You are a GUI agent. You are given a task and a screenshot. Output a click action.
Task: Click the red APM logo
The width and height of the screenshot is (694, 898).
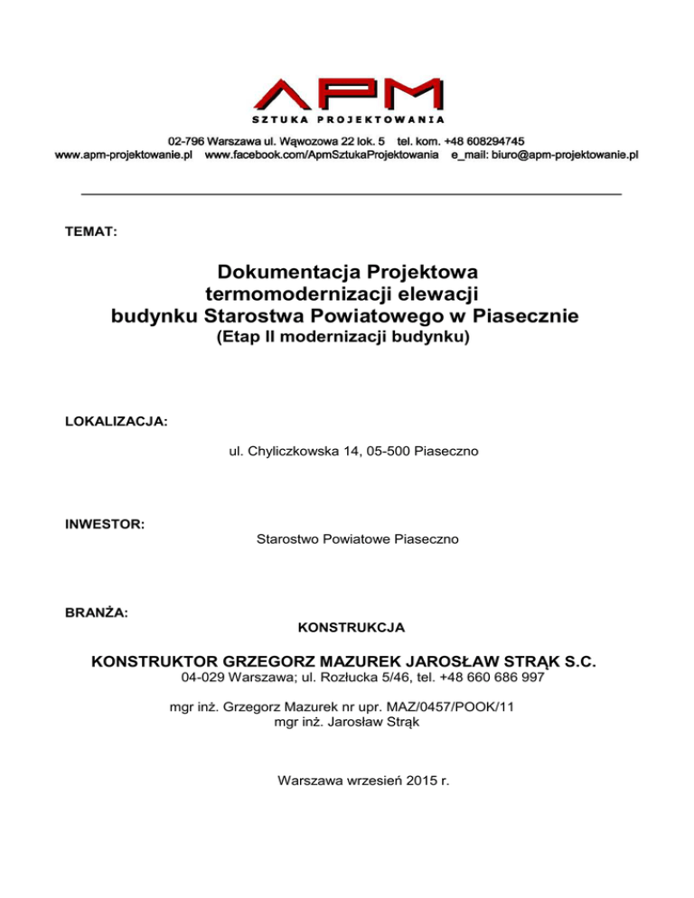tap(346, 94)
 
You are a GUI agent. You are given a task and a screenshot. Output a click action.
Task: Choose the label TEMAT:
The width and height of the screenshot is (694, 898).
tap(90, 232)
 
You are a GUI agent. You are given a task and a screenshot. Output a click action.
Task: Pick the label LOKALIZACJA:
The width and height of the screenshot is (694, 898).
tap(116, 422)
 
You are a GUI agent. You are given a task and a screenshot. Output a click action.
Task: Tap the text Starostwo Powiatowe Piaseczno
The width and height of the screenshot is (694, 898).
tap(358, 539)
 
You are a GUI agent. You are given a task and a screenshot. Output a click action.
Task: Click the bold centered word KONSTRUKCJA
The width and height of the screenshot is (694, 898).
tap(351, 626)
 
